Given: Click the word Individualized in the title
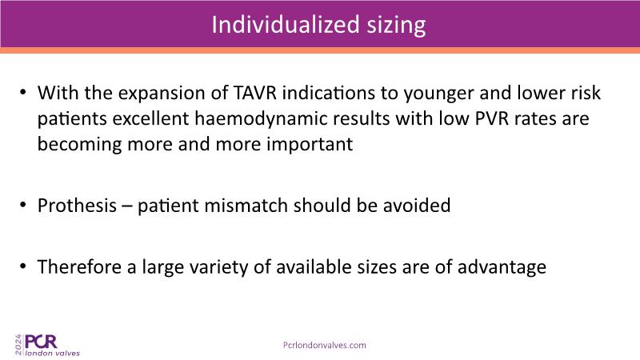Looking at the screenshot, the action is tap(286, 25).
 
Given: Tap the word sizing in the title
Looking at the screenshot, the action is tap(396, 26).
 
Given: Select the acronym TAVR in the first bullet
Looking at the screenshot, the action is tap(255, 93).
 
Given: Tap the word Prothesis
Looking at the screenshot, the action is tap(77, 206).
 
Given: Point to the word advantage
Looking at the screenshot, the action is tap(502, 269).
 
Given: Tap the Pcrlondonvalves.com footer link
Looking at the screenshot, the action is tap(325, 346).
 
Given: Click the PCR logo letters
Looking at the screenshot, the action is tap(42, 342).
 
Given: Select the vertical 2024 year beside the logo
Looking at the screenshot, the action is tap(18, 345).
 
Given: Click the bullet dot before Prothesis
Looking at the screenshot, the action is tap(23, 205).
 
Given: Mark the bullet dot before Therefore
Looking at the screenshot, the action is tap(23, 266).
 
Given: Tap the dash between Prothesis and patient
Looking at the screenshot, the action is tap(127, 206).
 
